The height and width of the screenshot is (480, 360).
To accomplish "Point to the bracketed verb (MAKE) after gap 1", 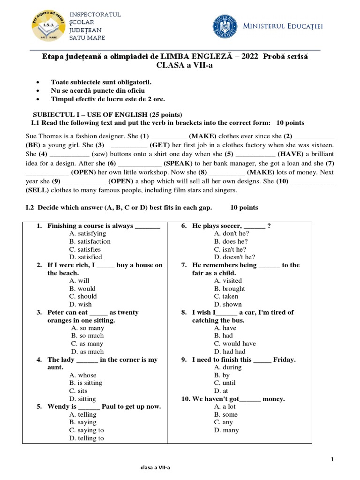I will pyautogui.click(x=202, y=136).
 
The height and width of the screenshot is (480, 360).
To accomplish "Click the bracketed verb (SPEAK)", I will pyautogui.click(x=178, y=163).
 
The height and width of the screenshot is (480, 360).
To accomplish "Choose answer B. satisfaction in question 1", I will pyautogui.click(x=90, y=241).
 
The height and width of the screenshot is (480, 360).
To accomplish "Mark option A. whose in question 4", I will pyautogui.click(x=82, y=375).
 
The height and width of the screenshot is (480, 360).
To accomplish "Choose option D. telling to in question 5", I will pyautogui.click(x=86, y=438).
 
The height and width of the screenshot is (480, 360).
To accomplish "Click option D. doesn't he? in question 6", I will pyautogui.click(x=234, y=257).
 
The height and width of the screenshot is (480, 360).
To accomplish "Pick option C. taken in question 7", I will pyautogui.click(x=226, y=296).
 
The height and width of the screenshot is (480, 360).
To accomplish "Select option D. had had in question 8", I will pyautogui.click(x=230, y=352).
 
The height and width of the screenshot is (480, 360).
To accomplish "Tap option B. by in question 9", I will pyautogui.click(x=222, y=375).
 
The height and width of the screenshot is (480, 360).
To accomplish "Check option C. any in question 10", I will pyautogui.click(x=223, y=422).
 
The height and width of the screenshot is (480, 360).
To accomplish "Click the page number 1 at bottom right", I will pyautogui.click(x=332, y=459).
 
